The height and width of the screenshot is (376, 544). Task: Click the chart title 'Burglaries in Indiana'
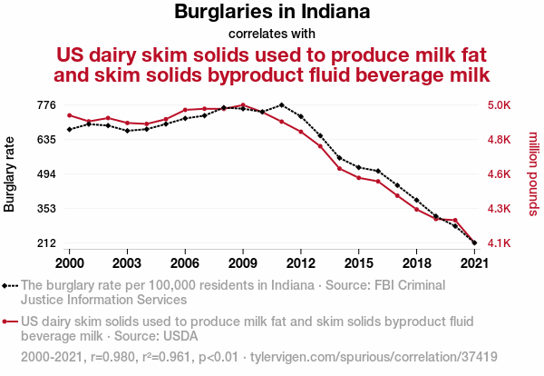tap(272, 13)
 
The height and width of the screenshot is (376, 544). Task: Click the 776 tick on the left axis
tap(46, 105)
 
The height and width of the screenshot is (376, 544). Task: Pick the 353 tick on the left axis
tap(46, 209)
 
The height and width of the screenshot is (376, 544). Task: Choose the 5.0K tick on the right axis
tap(500, 105)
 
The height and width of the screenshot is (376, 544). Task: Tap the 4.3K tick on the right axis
tap(500, 209)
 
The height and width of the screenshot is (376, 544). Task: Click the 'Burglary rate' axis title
tap(10, 173)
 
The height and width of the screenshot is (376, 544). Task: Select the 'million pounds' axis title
tap(533, 173)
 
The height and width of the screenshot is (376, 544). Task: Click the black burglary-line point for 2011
tap(281, 105)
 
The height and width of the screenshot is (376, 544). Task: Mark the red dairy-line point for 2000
tap(70, 115)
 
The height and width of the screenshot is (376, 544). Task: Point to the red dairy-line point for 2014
tap(339, 168)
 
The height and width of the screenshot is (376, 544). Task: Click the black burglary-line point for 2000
tap(70, 129)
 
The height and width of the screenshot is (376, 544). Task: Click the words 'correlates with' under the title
tap(272, 34)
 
